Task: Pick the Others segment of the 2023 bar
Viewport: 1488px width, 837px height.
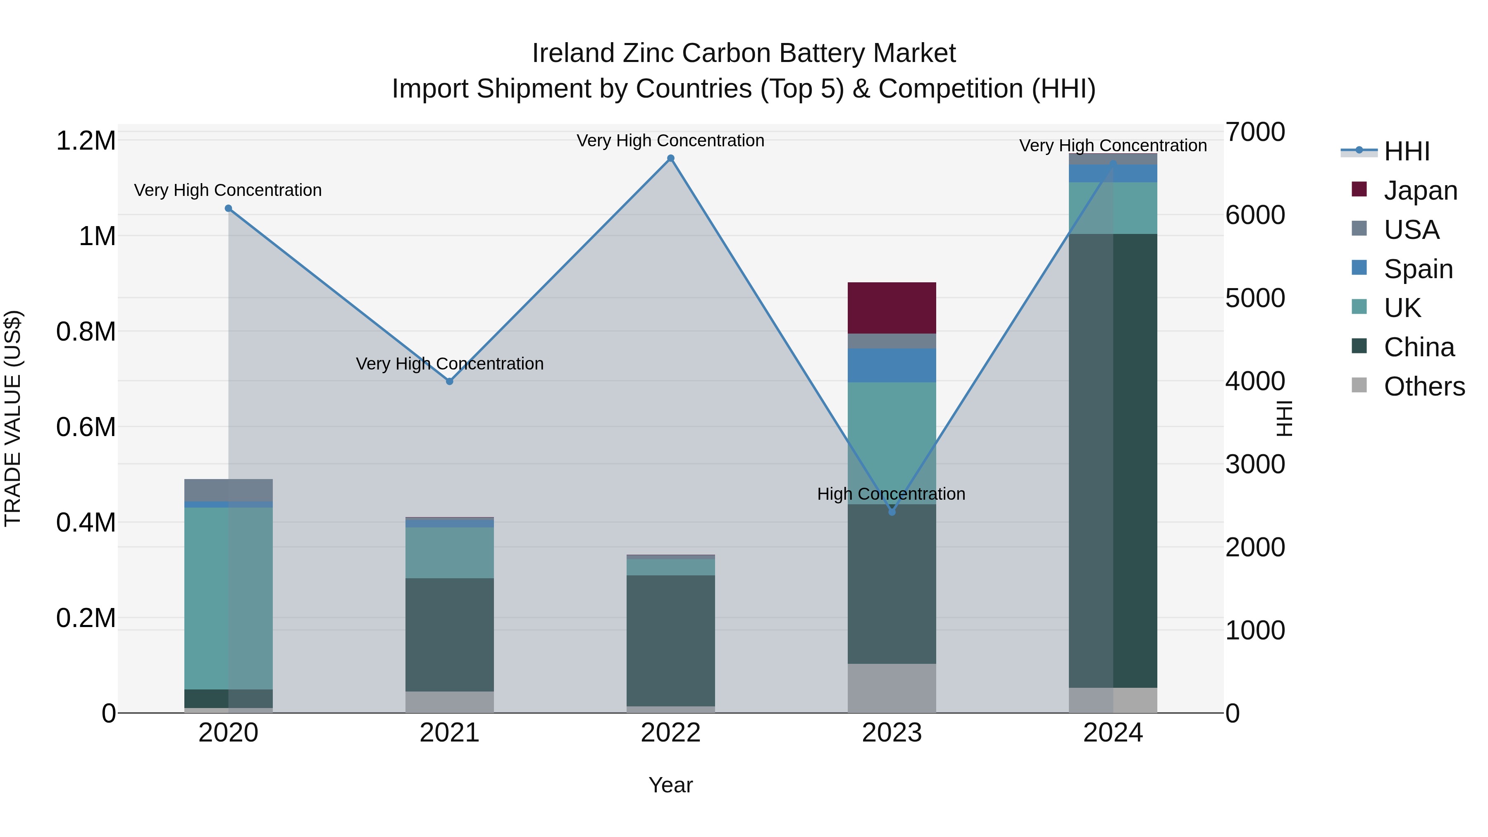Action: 891,687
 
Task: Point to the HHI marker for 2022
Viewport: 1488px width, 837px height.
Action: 671,158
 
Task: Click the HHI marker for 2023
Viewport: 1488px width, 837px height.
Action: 891,512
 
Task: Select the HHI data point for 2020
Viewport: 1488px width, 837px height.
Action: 228,209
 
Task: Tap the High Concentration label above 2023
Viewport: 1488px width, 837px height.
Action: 891,494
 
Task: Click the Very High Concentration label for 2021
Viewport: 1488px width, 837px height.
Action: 449,363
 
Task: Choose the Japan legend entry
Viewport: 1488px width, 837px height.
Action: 1420,191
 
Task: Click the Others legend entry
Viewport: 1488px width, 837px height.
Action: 1424,386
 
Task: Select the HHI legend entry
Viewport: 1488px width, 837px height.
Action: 1407,151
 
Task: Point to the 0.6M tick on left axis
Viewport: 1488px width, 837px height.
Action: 86,427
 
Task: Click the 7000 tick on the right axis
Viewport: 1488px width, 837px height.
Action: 1254,132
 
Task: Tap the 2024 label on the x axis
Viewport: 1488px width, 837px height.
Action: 1113,733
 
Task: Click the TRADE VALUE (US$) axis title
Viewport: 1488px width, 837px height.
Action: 13,418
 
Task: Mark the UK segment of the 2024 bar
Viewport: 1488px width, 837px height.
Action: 1113,208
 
